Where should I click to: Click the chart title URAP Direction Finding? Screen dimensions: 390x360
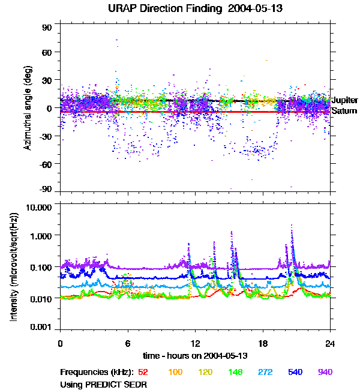pos(179,8)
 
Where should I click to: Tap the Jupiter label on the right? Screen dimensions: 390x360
pos(344,100)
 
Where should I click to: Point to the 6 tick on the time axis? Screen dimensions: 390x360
pos(128,344)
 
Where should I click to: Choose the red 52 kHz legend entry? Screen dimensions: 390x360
pos(143,373)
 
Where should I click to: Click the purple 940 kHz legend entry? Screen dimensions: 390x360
pos(325,373)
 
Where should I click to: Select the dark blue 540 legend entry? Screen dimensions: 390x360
pos(295,373)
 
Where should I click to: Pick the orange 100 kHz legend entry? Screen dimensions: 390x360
pos(175,373)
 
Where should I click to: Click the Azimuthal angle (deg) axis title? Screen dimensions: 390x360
pos(28,108)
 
